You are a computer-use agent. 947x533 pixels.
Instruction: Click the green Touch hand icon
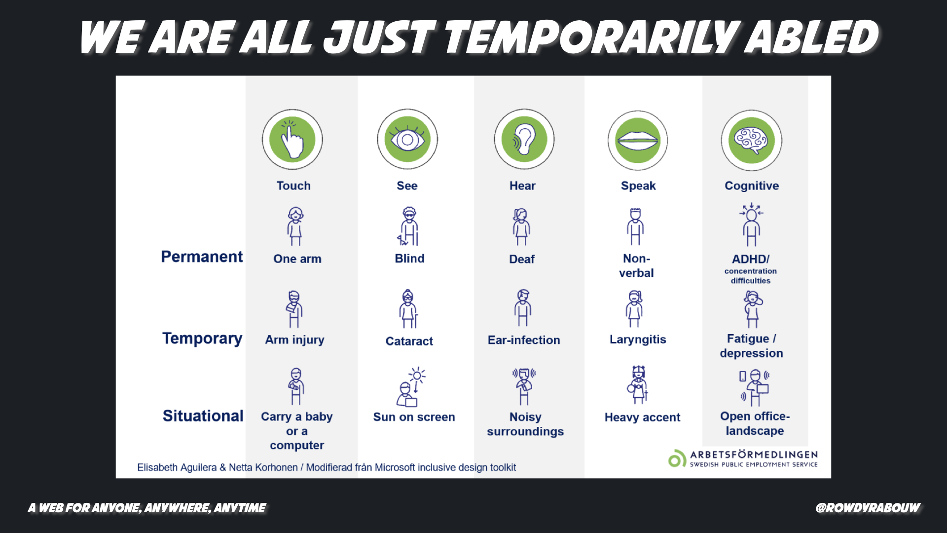292,140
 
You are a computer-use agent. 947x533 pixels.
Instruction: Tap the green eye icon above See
407,140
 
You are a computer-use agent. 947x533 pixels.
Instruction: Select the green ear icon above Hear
524,140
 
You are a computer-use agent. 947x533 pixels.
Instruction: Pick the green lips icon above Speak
638,140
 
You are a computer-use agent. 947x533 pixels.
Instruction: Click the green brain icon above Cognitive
752,140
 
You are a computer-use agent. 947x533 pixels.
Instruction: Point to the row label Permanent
202,257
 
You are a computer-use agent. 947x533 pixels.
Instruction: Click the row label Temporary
202,339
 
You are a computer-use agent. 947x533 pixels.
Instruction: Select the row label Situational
203,416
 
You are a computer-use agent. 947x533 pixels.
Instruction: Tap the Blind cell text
409,259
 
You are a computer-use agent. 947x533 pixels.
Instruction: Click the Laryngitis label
638,340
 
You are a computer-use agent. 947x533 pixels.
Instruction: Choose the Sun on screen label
414,417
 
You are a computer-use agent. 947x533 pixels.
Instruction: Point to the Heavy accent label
642,418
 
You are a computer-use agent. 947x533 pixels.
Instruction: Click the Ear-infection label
524,340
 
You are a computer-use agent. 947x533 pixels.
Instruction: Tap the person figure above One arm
295,227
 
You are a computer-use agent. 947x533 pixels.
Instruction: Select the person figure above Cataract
408,309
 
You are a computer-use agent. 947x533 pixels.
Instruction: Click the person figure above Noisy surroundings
524,386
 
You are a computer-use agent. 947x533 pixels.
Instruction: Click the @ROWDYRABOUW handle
868,508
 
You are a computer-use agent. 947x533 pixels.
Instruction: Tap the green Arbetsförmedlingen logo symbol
677,458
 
